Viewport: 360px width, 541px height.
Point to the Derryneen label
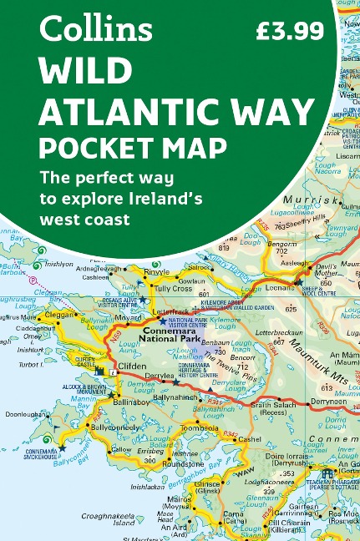329,401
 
